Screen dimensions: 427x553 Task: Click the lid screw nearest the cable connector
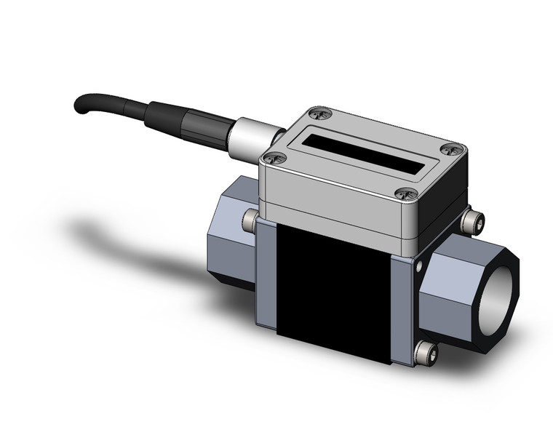274,157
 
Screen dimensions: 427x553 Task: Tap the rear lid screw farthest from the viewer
319,113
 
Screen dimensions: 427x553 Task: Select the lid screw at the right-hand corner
450,150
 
